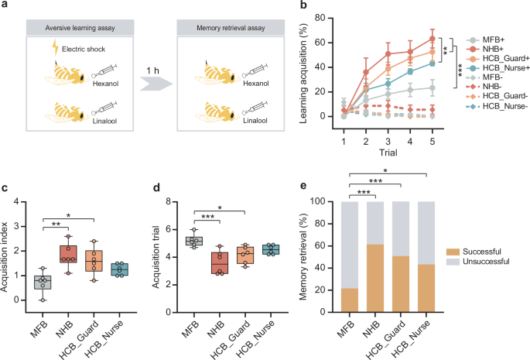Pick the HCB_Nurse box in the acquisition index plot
click(120, 269)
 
